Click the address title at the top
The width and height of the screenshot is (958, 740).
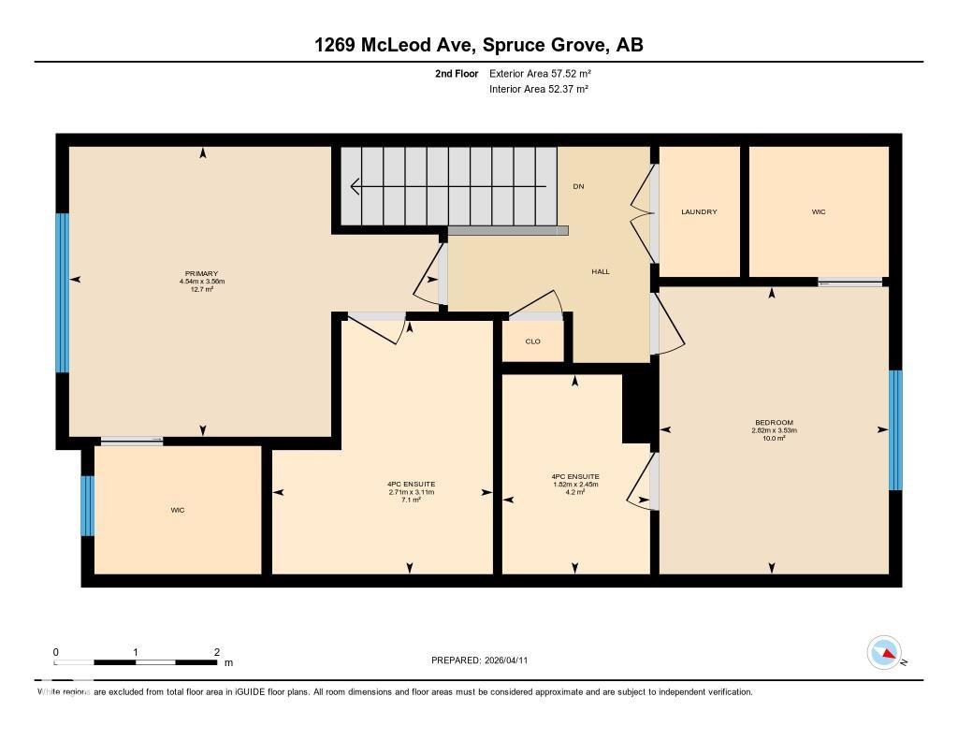click(x=478, y=45)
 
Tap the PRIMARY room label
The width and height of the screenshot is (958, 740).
click(x=201, y=273)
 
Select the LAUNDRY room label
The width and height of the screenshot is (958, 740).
click(x=699, y=212)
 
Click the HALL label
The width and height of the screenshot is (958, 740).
click(x=601, y=271)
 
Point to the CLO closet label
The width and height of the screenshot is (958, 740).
click(x=532, y=341)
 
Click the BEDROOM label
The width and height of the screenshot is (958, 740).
click(x=772, y=423)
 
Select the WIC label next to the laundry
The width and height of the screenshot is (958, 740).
click(x=819, y=212)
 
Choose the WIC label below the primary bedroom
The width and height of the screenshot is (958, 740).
click(x=177, y=511)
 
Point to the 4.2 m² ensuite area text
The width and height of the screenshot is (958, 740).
click(x=575, y=492)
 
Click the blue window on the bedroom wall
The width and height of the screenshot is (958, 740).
click(x=894, y=429)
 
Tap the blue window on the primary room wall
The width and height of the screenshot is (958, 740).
click(x=63, y=293)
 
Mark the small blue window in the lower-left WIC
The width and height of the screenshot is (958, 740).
click(x=88, y=506)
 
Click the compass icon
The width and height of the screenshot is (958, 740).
click(x=884, y=652)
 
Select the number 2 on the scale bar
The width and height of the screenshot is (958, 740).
click(x=216, y=652)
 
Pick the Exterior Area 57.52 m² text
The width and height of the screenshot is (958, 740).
click(x=540, y=73)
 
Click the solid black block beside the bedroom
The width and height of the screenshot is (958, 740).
click(x=640, y=403)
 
